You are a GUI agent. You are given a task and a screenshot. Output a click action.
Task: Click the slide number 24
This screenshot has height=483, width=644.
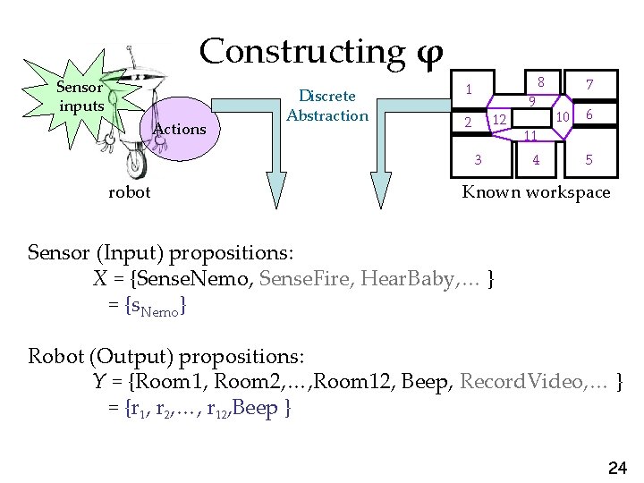[x=617, y=467]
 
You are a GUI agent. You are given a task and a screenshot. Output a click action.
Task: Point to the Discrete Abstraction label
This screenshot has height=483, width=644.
[x=327, y=106]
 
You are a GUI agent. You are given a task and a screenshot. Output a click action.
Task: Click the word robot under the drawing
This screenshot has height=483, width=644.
[x=129, y=191]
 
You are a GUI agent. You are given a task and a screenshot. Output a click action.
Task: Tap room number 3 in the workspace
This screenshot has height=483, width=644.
[x=479, y=160]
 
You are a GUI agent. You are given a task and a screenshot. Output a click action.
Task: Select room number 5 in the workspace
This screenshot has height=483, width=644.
[x=588, y=161]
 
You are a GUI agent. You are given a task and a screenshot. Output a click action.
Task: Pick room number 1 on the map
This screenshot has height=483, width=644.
[x=468, y=89]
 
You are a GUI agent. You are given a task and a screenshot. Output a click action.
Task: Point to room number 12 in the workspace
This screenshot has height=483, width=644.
[x=501, y=119]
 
